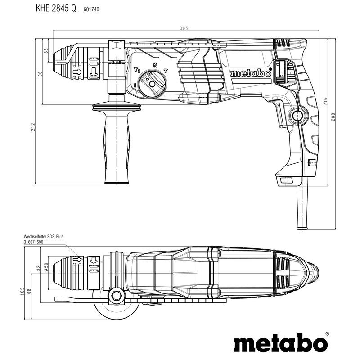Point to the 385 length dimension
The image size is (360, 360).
[x=183, y=28]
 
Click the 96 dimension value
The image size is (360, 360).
[x=40, y=74]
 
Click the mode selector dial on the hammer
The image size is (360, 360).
[x=151, y=83]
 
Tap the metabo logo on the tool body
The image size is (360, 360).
[x=251, y=73]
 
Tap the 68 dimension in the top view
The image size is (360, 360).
[x=30, y=292]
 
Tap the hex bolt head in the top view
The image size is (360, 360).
[x=117, y=295]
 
